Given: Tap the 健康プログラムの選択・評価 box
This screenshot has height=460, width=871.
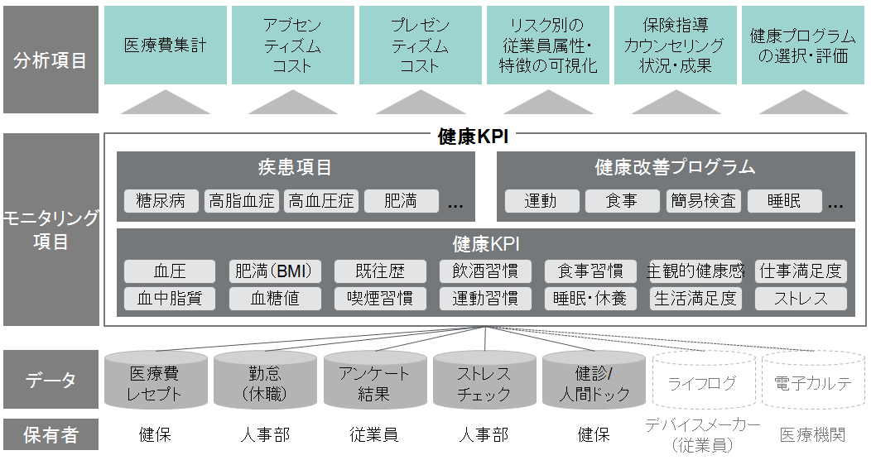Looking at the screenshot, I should pyautogui.click(x=802, y=46).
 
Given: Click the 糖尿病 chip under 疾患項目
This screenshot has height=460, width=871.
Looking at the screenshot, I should pyautogui.click(x=161, y=201).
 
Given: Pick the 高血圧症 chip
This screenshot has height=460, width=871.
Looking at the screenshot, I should pyautogui.click(x=320, y=201).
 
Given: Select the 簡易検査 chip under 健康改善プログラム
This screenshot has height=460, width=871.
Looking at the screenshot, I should pyautogui.click(x=703, y=201).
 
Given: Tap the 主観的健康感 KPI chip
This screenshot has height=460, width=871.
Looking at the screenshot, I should pyautogui.click(x=695, y=271).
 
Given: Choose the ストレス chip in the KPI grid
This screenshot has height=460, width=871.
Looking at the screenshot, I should pyautogui.click(x=801, y=298).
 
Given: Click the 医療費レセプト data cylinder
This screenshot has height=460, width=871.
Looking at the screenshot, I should pyautogui.click(x=155, y=383).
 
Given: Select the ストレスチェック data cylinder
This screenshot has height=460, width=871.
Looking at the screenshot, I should pyautogui.click(x=484, y=383).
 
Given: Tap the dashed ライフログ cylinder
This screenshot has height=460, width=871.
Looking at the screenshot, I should pyautogui.click(x=702, y=383).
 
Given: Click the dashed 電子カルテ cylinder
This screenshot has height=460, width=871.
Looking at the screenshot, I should pyautogui.click(x=811, y=383).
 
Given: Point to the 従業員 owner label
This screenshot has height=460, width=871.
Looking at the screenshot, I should pyautogui.click(x=374, y=434).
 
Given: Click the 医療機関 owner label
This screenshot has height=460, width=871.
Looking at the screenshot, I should pyautogui.click(x=811, y=434).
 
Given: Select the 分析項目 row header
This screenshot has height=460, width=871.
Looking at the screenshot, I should pyautogui.click(x=50, y=60).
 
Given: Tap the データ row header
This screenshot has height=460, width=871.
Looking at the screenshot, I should pyautogui.click(x=50, y=380).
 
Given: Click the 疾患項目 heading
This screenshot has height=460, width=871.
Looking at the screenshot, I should pyautogui.click(x=295, y=167).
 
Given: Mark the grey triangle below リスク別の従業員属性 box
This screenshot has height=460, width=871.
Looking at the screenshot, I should pyautogui.click(x=548, y=103).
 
